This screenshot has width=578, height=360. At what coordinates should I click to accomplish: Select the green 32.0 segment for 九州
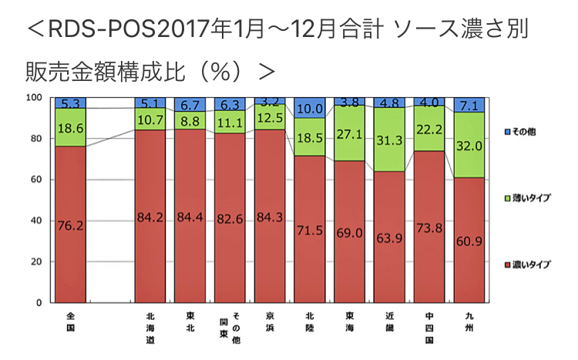coord(469,144)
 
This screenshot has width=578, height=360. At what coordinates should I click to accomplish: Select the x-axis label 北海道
coord(150,328)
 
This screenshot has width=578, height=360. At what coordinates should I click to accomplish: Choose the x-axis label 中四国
coord(430,328)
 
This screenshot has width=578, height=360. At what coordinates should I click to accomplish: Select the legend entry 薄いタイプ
coord(531,199)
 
